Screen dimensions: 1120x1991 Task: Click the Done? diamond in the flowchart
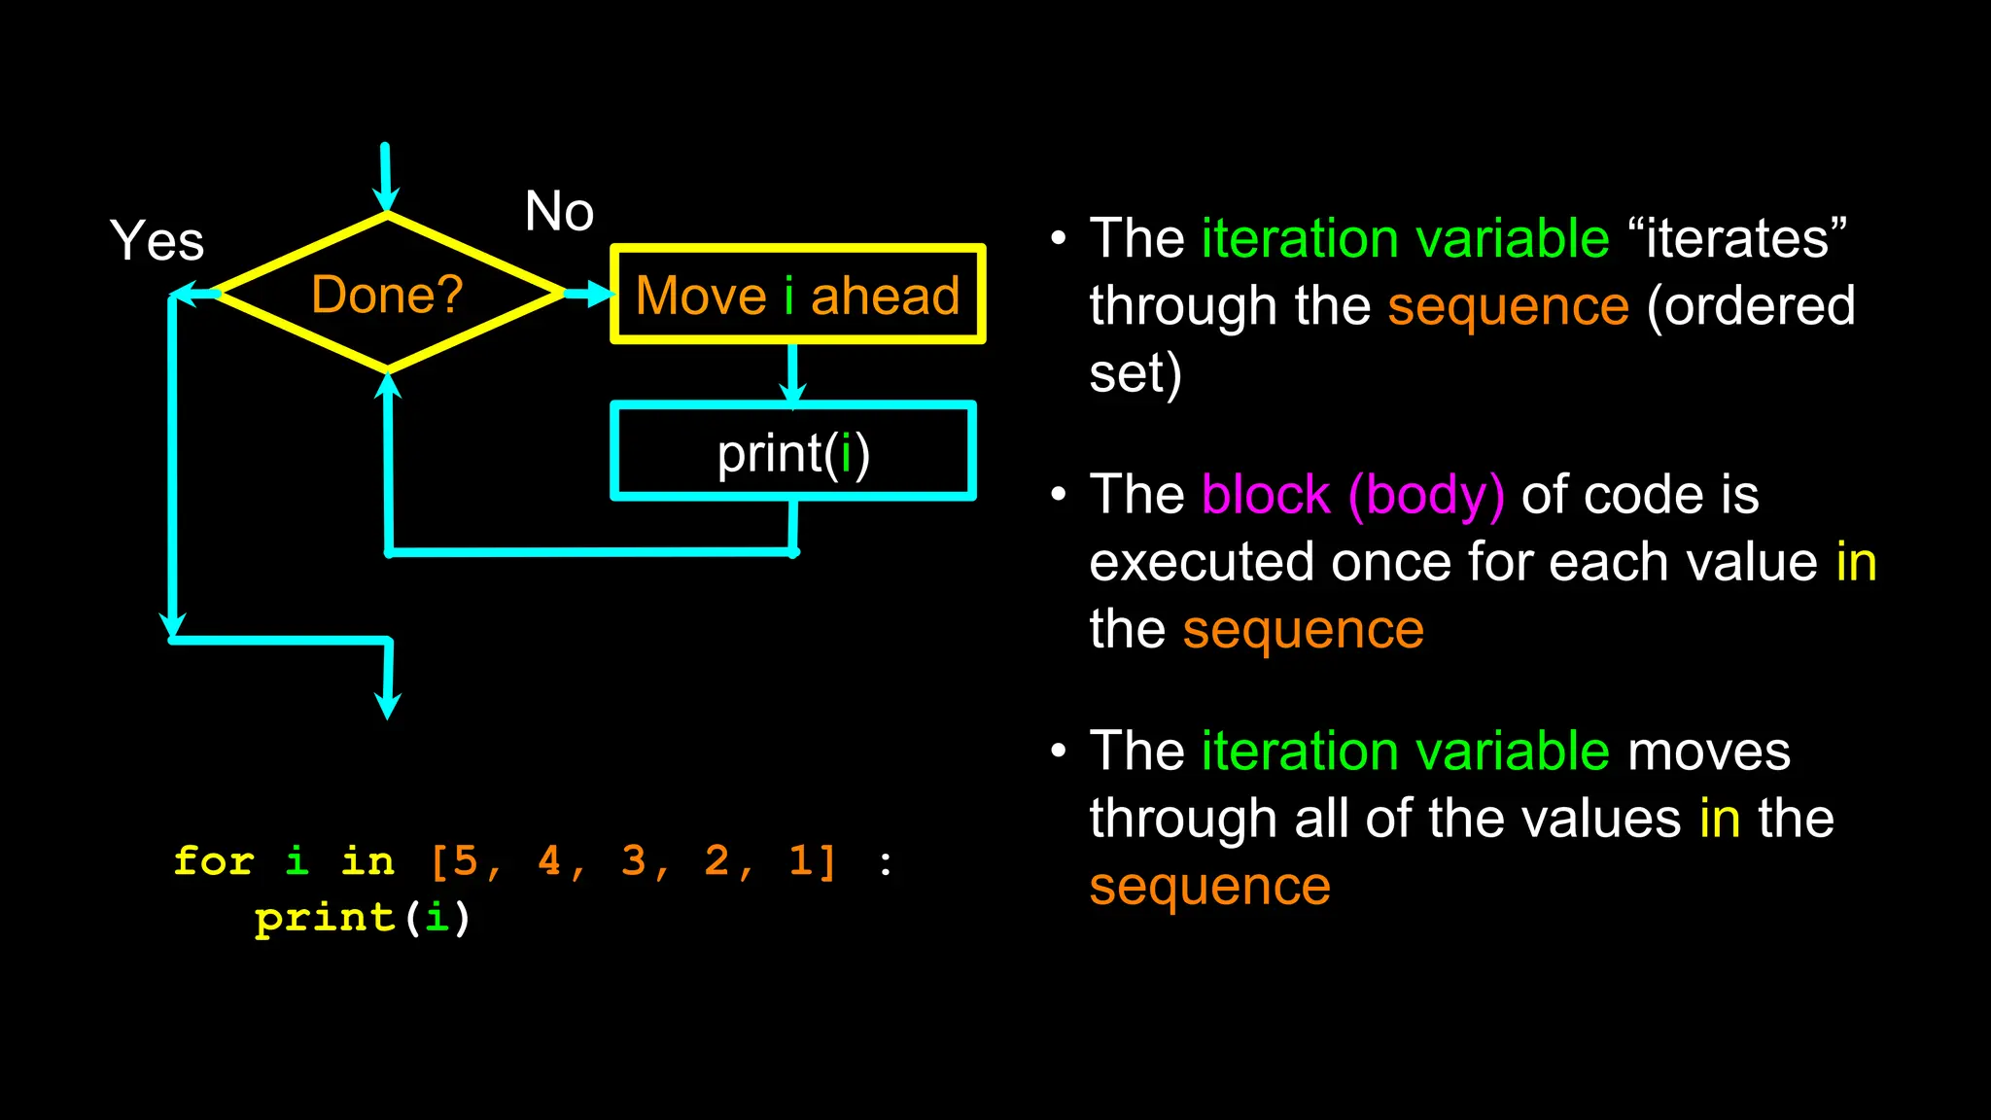tap(387, 294)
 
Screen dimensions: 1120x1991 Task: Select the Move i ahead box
tap(797, 295)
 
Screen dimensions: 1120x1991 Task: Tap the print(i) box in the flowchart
tap(792, 452)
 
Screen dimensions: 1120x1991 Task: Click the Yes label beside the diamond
tap(157, 240)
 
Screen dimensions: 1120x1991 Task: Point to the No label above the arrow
tap(559, 211)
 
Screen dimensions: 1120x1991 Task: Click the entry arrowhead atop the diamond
tap(387, 200)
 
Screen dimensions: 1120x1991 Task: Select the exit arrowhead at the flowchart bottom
tap(387, 706)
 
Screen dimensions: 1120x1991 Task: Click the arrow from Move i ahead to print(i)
tap(792, 374)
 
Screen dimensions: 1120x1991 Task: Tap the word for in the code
tap(214, 861)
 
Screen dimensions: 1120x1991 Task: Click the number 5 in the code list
tap(466, 861)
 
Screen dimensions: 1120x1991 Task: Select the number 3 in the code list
tap(634, 861)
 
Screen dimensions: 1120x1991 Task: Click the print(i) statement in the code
tap(362, 918)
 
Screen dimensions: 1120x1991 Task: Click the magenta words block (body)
tap(1352, 495)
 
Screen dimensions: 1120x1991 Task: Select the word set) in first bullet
tap(1135, 373)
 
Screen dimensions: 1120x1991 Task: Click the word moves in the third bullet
tap(1708, 752)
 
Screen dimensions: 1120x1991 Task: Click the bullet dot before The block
tap(1059, 495)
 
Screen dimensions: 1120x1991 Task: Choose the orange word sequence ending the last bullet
tap(1209, 887)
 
